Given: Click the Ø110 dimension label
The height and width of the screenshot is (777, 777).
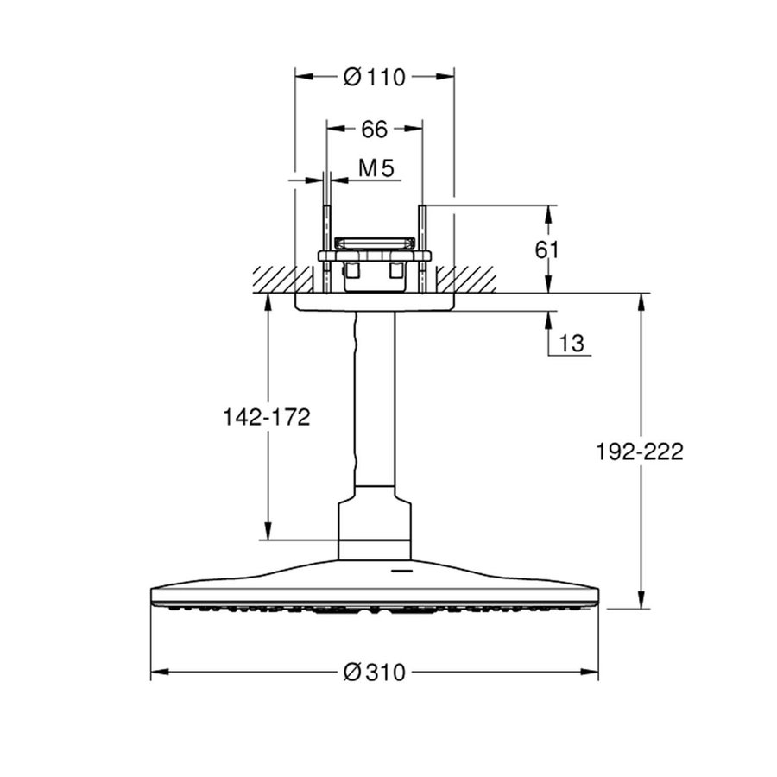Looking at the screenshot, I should [374, 77].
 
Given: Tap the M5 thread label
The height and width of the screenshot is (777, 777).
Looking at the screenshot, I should [376, 169].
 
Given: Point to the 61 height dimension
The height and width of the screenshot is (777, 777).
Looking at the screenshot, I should [547, 250].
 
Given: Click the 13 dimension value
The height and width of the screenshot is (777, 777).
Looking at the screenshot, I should [572, 344].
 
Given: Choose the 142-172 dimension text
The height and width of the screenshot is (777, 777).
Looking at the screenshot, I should [267, 418].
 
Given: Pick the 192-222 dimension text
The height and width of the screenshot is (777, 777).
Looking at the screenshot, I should [640, 452].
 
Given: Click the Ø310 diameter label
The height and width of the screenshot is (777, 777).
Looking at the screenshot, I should [374, 673].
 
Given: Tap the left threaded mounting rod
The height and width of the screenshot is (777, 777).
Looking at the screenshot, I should [327, 250].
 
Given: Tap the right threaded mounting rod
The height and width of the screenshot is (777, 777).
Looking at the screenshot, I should [422, 250].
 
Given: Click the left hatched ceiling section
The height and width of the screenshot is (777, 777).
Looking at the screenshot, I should [274, 279].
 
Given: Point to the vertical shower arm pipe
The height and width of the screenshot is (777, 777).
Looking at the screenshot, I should [375, 397].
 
